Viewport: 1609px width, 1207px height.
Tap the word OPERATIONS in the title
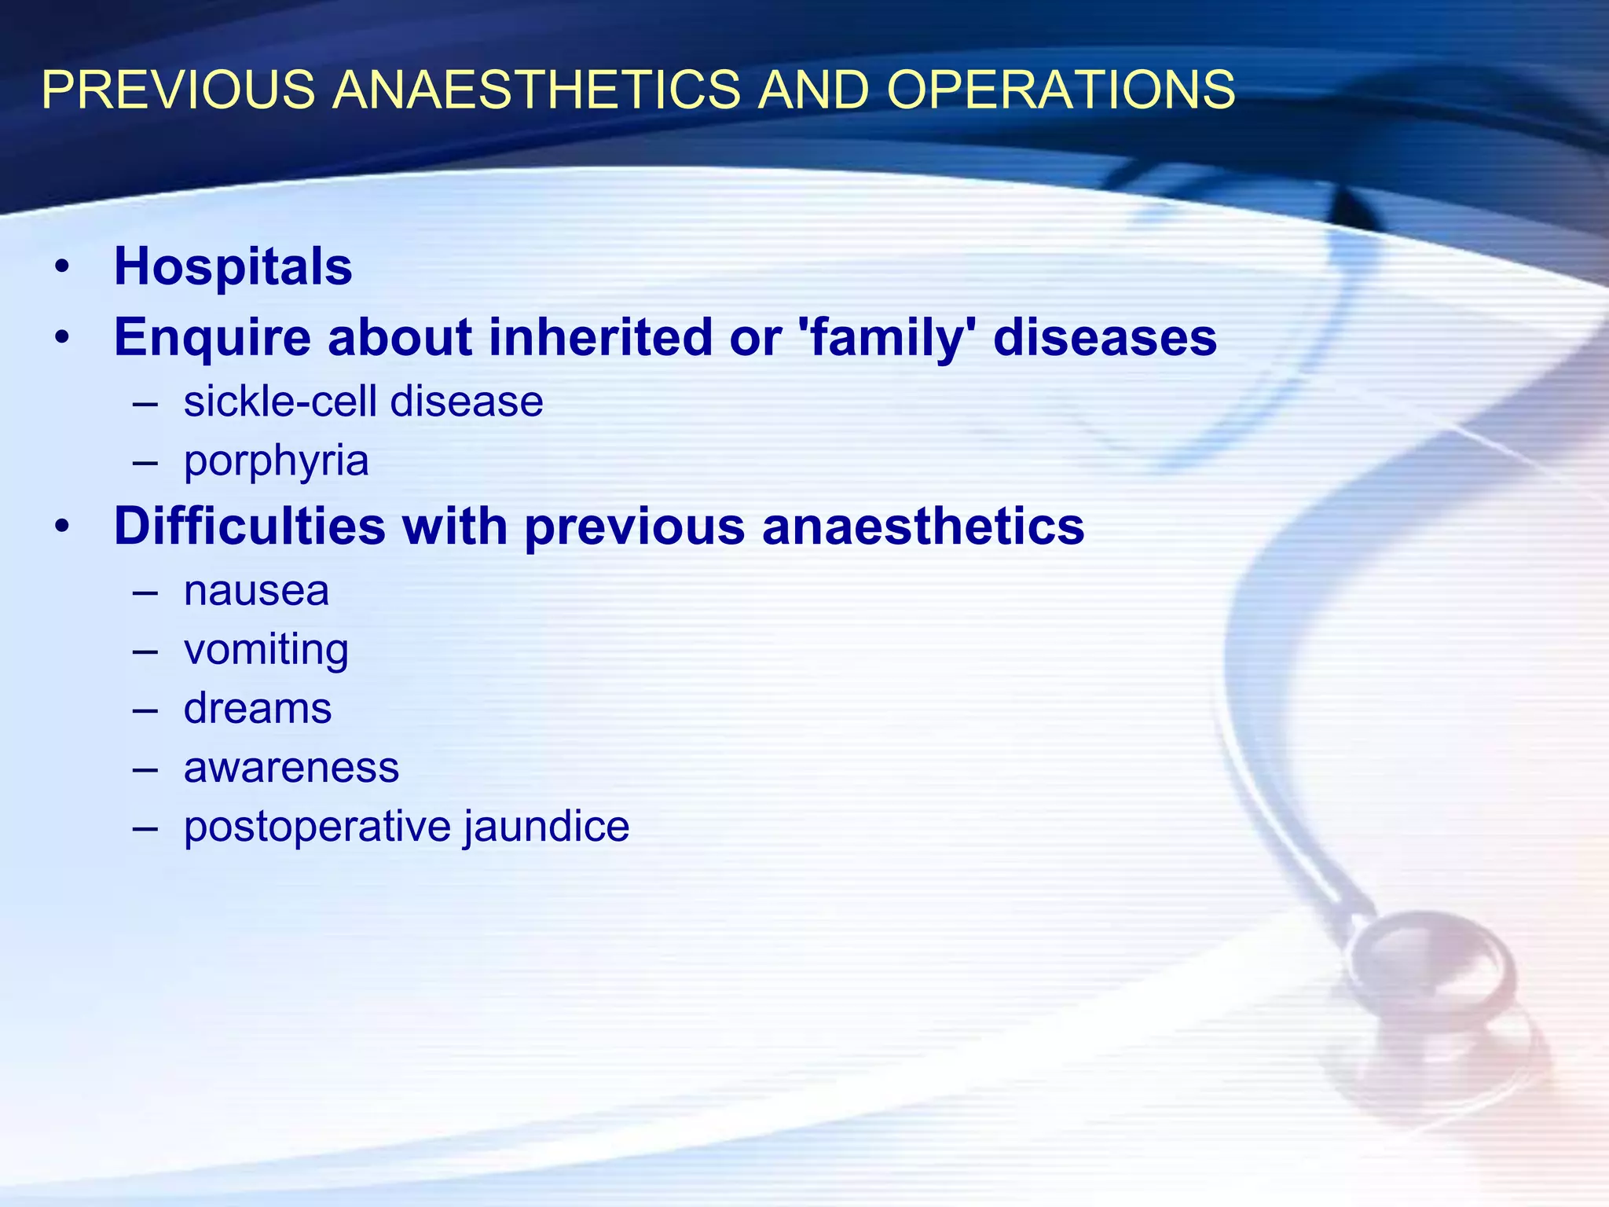[1061, 90]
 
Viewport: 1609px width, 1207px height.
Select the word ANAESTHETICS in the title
[536, 90]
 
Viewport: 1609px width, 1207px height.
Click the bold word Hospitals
[233, 267]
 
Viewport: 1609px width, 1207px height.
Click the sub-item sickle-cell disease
[363, 402]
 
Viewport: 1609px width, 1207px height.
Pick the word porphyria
[276, 461]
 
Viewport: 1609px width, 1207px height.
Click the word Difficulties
[250, 526]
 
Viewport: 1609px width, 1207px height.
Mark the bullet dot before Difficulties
[62, 526]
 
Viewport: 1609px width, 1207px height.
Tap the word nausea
[256, 591]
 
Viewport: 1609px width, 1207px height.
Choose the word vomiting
[266, 651]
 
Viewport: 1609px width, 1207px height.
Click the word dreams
[258, 709]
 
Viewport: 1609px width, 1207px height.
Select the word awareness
[291, 768]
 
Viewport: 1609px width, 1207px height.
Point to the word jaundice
[547, 827]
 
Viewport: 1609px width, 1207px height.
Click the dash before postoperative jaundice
[145, 827]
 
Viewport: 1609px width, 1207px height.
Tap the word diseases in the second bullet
[1105, 338]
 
